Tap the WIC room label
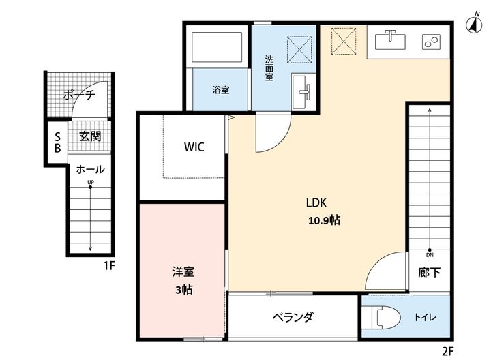(194, 147)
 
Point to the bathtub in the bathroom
(217, 47)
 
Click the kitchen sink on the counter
(390, 40)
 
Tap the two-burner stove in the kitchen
(431, 42)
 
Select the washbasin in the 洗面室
(301, 92)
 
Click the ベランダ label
(293, 318)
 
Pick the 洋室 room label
(183, 272)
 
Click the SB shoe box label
(57, 142)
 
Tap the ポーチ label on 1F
(79, 95)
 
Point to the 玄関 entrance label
(90, 136)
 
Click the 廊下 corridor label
(430, 272)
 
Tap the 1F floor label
(110, 266)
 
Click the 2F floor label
(448, 351)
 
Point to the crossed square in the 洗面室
(299, 49)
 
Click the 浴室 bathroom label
(221, 90)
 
